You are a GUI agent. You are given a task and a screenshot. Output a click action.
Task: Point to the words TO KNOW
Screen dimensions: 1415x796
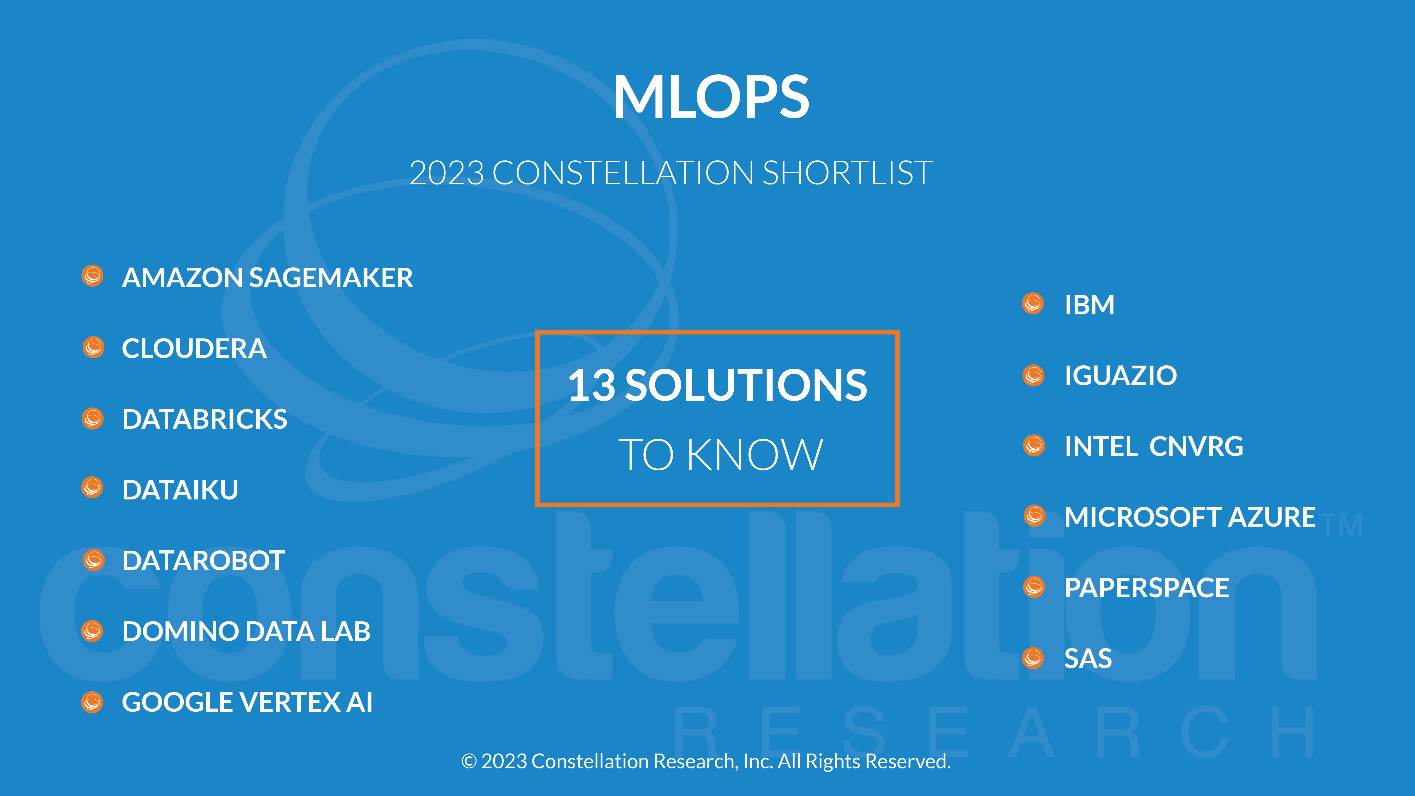click(x=720, y=455)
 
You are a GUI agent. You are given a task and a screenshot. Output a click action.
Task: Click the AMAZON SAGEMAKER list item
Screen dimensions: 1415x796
click(x=267, y=277)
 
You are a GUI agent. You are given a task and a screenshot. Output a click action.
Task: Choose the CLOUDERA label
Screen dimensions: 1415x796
click(x=194, y=348)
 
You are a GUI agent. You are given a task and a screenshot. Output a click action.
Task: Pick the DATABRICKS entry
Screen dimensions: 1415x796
click(x=204, y=419)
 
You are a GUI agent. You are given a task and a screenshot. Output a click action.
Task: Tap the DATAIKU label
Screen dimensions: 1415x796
click(x=180, y=490)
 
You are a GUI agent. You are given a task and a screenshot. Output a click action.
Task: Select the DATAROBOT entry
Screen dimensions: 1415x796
click(x=203, y=561)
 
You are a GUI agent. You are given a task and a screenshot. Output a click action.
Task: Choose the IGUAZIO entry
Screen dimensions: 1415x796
click(x=1120, y=376)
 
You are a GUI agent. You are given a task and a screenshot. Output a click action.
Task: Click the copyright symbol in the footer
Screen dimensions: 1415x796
click(x=469, y=761)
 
